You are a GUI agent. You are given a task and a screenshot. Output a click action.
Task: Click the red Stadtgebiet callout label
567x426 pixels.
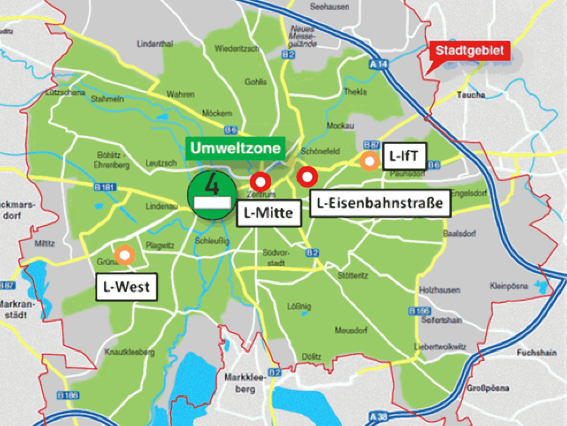[469, 51]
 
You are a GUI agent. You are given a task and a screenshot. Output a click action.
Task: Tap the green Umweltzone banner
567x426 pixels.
[236, 148]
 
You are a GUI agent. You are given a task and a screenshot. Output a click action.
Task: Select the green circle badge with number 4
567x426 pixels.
[211, 194]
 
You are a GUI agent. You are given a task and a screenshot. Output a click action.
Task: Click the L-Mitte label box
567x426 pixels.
[269, 213]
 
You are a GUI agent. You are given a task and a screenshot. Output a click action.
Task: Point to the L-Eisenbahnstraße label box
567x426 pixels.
[380, 203]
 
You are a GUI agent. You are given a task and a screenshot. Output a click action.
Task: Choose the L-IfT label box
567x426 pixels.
[404, 156]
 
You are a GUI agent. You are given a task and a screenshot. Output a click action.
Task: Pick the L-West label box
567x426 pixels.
[126, 287]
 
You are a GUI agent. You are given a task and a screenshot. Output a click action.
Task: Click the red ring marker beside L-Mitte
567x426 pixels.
[260, 181]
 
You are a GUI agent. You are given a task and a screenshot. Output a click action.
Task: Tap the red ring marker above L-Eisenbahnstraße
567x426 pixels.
[307, 176]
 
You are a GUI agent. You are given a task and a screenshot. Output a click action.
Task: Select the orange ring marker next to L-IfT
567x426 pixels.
[369, 161]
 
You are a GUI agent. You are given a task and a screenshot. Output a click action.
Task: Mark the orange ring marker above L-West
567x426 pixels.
[124, 255]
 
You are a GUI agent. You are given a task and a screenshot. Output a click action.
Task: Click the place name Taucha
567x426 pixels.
[471, 95]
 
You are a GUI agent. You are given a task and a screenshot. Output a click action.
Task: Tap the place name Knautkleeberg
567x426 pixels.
[129, 352]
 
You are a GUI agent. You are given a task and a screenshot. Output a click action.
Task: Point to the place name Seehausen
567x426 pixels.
[329, 7]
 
